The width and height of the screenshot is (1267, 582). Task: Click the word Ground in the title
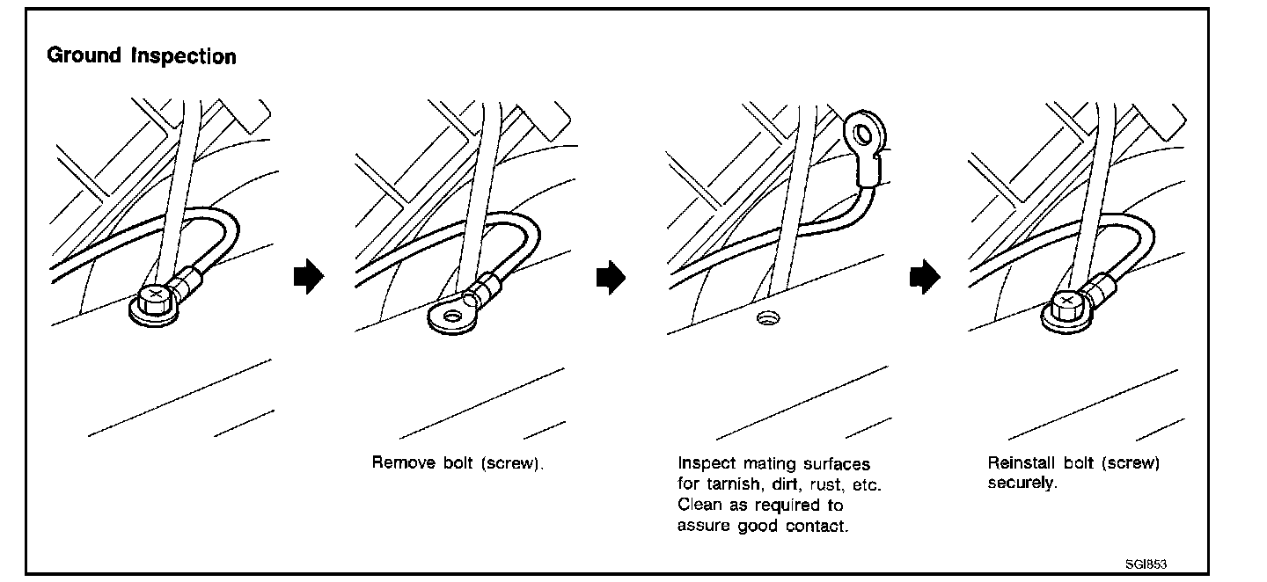coord(84,57)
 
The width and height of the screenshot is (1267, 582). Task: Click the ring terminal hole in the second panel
coord(454,316)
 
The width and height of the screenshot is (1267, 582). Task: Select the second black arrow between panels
coord(611,277)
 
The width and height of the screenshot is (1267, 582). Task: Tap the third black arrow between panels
coord(924,277)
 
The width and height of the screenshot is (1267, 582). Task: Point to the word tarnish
coord(731,484)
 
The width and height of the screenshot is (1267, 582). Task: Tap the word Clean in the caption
coord(699,506)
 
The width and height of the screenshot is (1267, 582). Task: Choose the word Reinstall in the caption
coord(1022,462)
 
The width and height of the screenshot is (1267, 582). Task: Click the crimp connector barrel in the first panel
coord(188,284)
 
